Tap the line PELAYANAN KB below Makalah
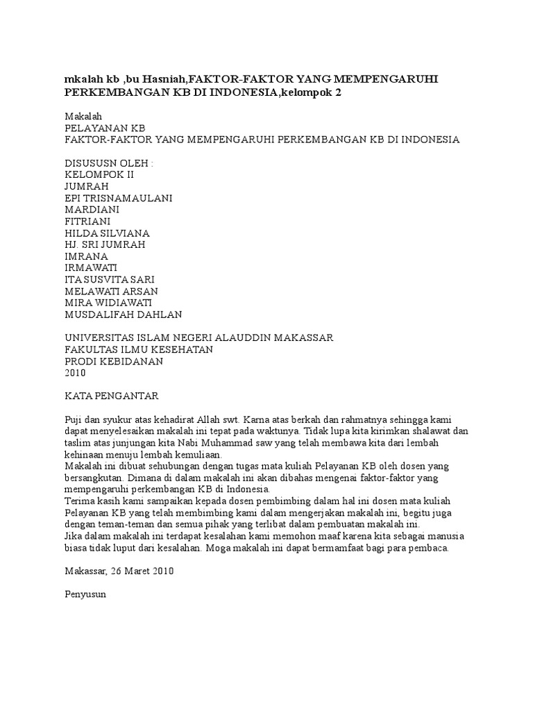(105, 128)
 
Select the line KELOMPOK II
(99, 174)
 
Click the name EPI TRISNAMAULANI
(119, 198)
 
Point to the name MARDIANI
(92, 210)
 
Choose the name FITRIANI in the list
(89, 221)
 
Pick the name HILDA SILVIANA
(107, 233)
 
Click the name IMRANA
(86, 256)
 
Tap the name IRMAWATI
(91, 268)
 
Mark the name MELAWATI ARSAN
(111, 291)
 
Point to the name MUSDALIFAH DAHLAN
(124, 315)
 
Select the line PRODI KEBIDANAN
(114, 361)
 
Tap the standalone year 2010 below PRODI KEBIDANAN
(75, 373)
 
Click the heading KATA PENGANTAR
(112, 396)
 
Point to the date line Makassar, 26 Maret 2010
(119, 571)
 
